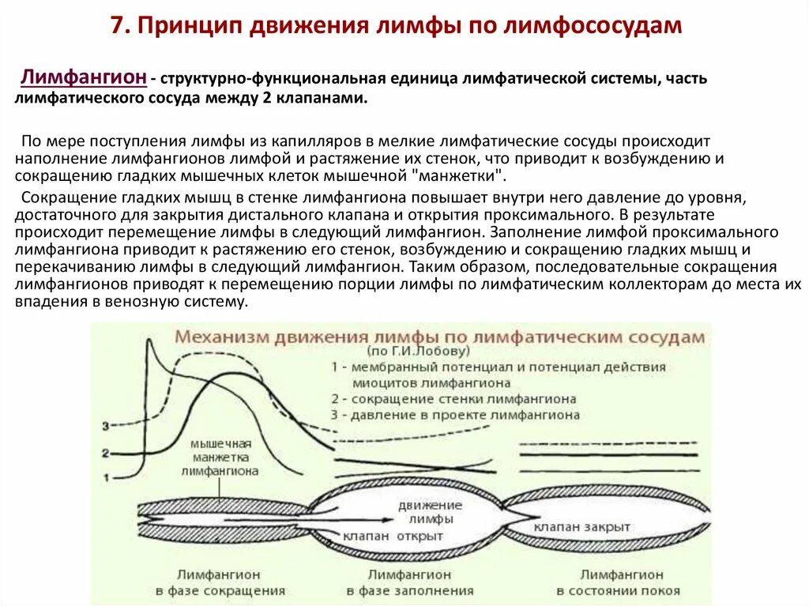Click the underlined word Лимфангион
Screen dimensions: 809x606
click(85, 77)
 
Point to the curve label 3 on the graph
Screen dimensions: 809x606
click(105, 427)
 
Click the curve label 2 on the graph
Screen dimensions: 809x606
click(105, 453)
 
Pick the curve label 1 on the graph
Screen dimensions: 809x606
click(105, 476)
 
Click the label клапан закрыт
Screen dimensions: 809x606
click(582, 526)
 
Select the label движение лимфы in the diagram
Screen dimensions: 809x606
click(431, 511)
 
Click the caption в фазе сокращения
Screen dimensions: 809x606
click(220, 590)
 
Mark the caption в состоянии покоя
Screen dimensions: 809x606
click(619, 590)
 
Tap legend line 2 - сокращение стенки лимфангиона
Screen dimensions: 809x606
click(454, 399)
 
